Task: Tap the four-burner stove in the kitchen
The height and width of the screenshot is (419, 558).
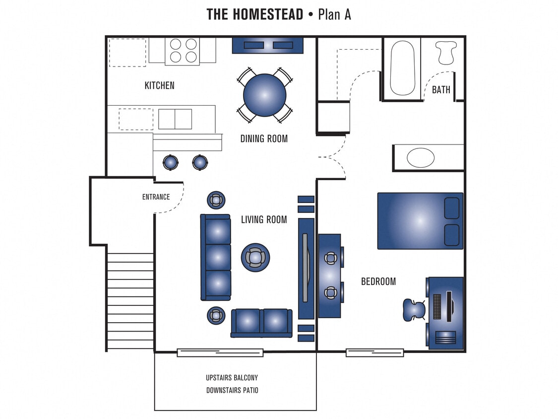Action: [x=182, y=50]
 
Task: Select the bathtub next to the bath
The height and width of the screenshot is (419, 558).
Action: [x=402, y=68]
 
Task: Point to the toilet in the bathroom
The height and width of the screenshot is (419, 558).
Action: [x=444, y=52]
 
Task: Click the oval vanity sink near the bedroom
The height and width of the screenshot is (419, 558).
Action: [x=421, y=157]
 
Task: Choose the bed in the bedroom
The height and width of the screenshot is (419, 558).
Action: [x=420, y=220]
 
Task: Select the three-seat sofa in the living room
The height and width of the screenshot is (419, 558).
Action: [x=216, y=257]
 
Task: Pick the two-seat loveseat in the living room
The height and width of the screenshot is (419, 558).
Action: [x=261, y=322]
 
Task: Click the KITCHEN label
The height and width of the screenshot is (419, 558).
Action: [x=159, y=85]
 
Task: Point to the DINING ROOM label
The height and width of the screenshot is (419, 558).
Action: [x=264, y=139]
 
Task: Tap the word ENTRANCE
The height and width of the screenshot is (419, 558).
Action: [x=156, y=197]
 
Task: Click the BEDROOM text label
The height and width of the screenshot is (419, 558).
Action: [x=378, y=281]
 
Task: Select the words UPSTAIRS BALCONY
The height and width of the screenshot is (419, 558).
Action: [x=232, y=377]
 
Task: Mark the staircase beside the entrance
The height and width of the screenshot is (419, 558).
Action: [x=130, y=301]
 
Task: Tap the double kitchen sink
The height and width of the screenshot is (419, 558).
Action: [x=175, y=119]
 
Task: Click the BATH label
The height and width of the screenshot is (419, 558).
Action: [x=441, y=90]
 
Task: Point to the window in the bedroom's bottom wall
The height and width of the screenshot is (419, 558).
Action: [x=374, y=352]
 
